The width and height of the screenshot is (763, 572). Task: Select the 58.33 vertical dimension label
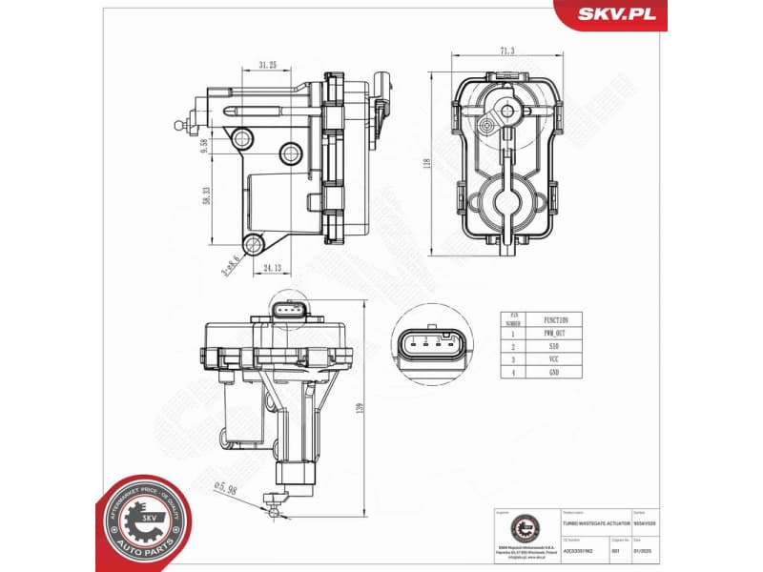(x=206, y=196)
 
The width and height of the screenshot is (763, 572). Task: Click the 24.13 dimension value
(x=274, y=268)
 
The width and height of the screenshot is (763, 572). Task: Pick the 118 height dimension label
(x=428, y=163)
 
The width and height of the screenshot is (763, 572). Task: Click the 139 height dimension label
(x=360, y=408)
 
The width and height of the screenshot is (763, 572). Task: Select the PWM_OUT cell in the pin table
(x=557, y=335)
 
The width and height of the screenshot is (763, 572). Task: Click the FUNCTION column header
(x=557, y=321)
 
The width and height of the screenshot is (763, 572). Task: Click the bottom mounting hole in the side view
(x=253, y=245)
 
